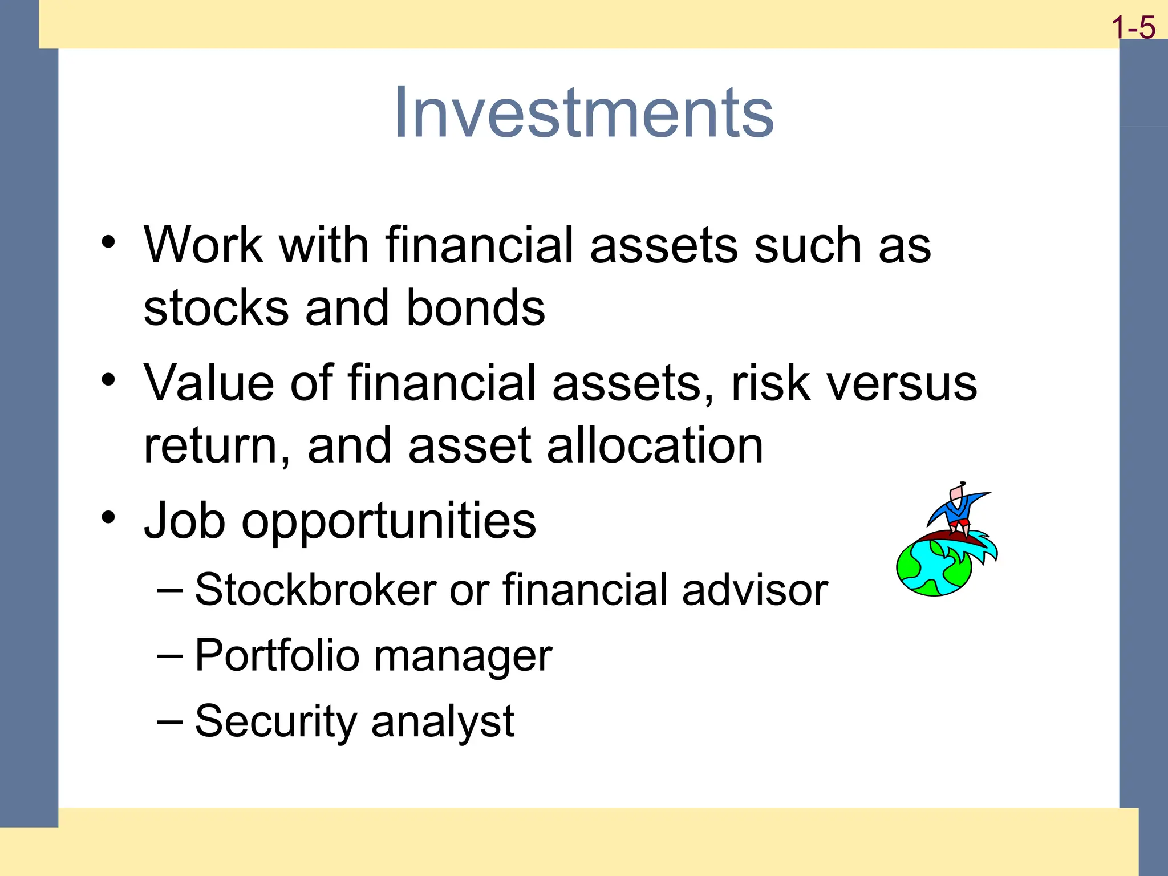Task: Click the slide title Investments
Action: coord(583,112)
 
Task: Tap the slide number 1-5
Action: coord(1133,27)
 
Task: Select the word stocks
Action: coord(216,308)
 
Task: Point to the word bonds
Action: coord(476,308)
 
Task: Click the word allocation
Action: coord(655,445)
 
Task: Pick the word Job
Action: coord(184,520)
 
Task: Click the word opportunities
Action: coord(389,521)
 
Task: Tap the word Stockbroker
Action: coord(315,589)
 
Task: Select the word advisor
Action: coord(755,589)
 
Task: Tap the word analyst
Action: coord(443,722)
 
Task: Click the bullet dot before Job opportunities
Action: coord(108,517)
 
